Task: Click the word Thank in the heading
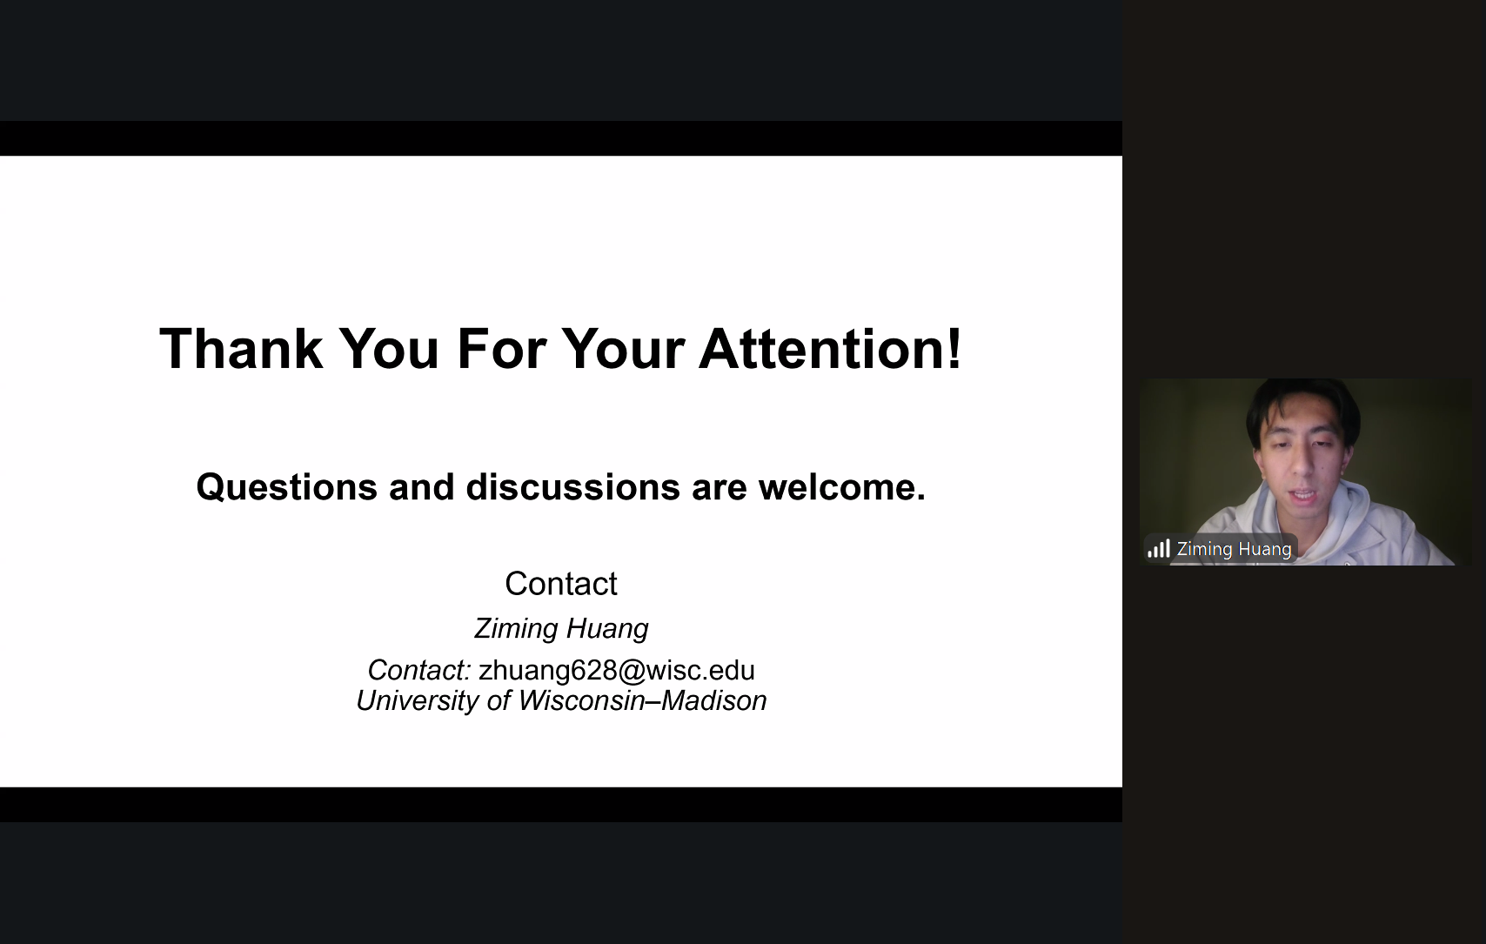[241, 348]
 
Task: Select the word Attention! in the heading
[830, 348]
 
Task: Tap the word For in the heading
[501, 348]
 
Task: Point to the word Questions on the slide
[287, 487]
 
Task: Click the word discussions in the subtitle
[573, 487]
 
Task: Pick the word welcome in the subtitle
[837, 487]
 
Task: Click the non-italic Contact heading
[560, 584]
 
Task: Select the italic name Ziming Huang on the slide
[561, 629]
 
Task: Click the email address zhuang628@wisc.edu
[616, 670]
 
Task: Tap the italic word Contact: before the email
[419, 670]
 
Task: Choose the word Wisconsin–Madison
[642, 700]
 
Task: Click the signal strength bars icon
[1158, 549]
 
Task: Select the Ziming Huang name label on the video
[1234, 549]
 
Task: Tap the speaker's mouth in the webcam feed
[1304, 495]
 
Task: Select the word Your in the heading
[623, 348]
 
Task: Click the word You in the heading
[390, 348]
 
